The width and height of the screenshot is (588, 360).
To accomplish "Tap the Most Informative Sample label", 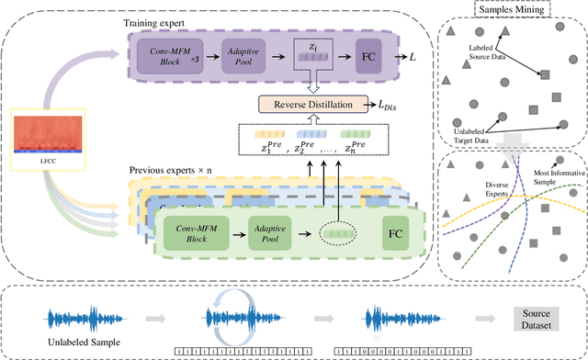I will pos(550,176).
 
